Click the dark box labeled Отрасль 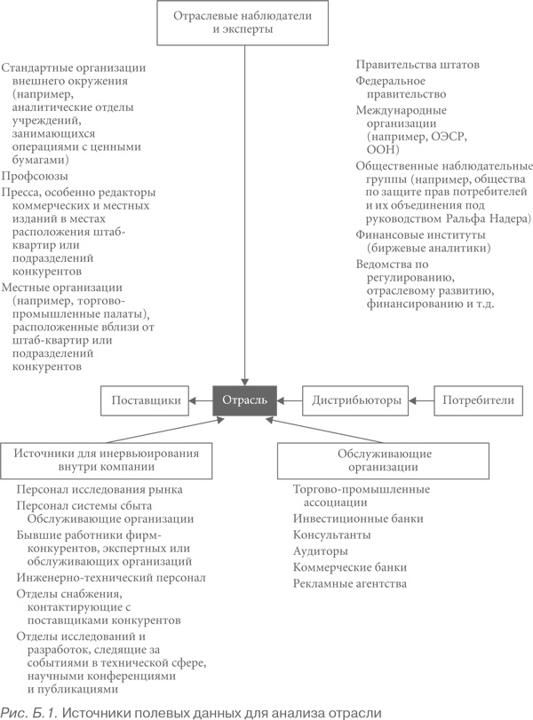pyautogui.click(x=244, y=401)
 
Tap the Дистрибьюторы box pyautogui.click(x=356, y=401)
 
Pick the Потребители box pyautogui.click(x=479, y=401)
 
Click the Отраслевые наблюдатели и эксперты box pyautogui.click(x=243, y=22)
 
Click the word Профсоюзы pyautogui.click(x=33, y=176)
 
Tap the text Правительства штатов pyautogui.click(x=418, y=65)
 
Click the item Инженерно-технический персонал pyautogui.click(x=111, y=578)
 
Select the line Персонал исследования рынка pyautogui.click(x=99, y=489)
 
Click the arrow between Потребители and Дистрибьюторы pyautogui.click(x=420, y=401)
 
